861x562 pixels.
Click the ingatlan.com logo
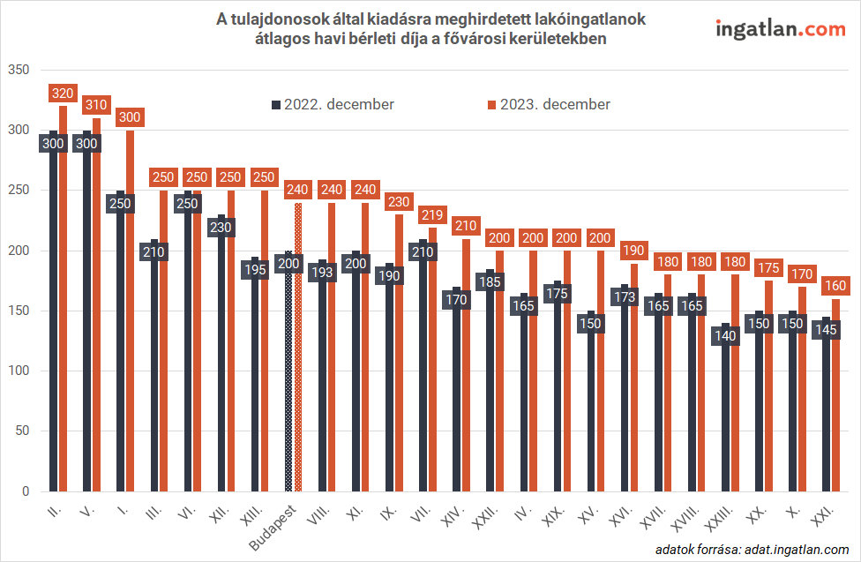tap(780, 29)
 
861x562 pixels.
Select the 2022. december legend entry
tap(333, 104)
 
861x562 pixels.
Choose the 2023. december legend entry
tap(549, 104)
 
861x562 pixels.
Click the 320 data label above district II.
tap(63, 93)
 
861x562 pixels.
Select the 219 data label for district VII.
tap(431, 214)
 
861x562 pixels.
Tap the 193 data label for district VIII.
tap(323, 273)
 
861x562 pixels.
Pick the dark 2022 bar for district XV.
tap(591, 423)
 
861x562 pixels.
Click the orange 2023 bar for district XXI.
tap(835, 415)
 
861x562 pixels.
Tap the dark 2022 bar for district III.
tap(155, 397)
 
